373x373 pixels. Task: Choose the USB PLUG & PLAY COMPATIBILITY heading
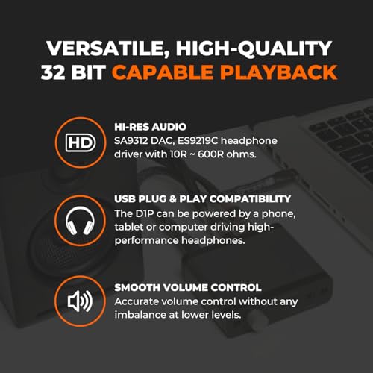[203, 200]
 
